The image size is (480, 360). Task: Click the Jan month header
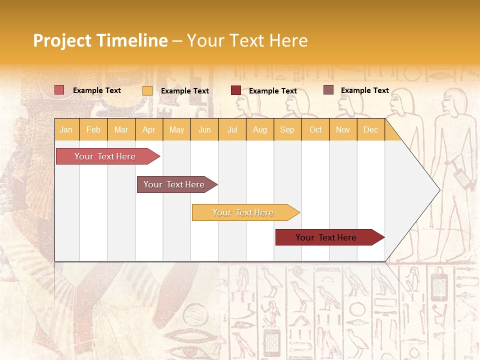[66, 129]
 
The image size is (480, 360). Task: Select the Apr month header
[149, 129]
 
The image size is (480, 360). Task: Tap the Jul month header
[232, 129]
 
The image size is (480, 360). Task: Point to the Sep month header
[287, 129]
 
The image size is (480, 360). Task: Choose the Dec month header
[370, 129]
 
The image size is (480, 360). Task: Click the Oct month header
[315, 129]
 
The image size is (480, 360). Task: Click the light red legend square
[59, 90]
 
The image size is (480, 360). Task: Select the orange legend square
[147, 90]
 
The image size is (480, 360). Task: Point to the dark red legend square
[235, 90]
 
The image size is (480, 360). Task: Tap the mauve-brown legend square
[328, 90]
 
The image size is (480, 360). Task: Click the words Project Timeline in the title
[100, 40]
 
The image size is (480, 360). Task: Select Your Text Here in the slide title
[247, 40]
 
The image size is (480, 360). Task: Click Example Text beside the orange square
[185, 91]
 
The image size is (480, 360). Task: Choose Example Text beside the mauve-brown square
[365, 90]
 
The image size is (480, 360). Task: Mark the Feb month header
[93, 129]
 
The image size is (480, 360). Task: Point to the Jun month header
[204, 129]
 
